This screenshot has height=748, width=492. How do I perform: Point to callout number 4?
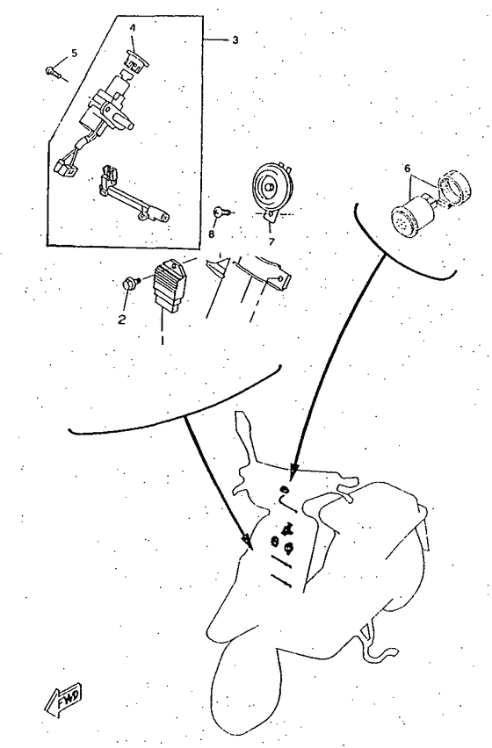tap(133, 27)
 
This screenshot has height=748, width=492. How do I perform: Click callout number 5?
tap(74, 53)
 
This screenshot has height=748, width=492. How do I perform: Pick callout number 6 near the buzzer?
tap(407, 168)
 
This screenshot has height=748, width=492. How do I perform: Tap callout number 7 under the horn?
tap(271, 240)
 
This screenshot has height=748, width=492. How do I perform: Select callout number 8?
tap(212, 234)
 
